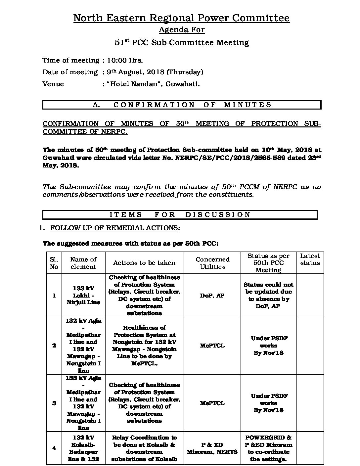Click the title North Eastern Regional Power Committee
click(181, 18)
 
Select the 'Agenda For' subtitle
click(181, 30)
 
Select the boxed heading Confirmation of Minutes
click(182, 105)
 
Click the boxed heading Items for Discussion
click(180, 215)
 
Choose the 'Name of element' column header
click(83, 263)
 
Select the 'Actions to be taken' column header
click(144, 263)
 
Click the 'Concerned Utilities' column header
click(212, 263)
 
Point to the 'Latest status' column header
click(310, 259)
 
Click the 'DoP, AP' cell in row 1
click(212, 296)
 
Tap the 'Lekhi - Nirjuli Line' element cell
click(83, 295)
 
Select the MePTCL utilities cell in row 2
click(212, 346)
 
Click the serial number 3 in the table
click(54, 403)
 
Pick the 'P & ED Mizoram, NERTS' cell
click(212, 448)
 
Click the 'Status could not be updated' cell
click(268, 296)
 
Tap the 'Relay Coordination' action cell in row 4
click(144, 448)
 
